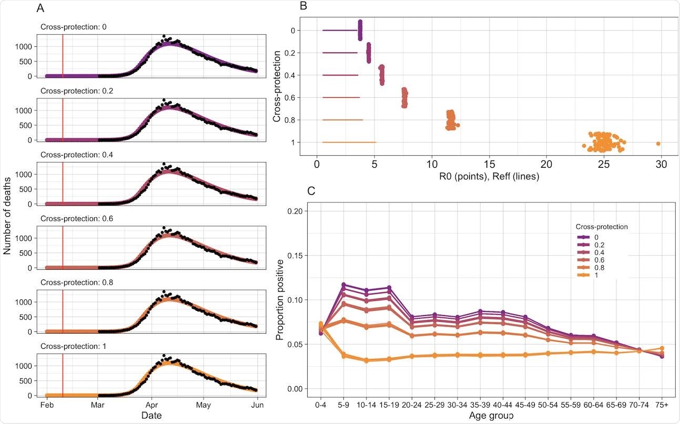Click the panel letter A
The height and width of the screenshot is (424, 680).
pos(40,8)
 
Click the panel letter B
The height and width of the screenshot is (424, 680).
pos(302,6)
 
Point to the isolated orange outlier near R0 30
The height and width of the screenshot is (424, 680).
pos(658,144)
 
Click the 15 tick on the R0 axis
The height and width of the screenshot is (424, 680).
pos(489,164)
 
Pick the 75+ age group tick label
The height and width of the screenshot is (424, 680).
pos(662,405)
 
